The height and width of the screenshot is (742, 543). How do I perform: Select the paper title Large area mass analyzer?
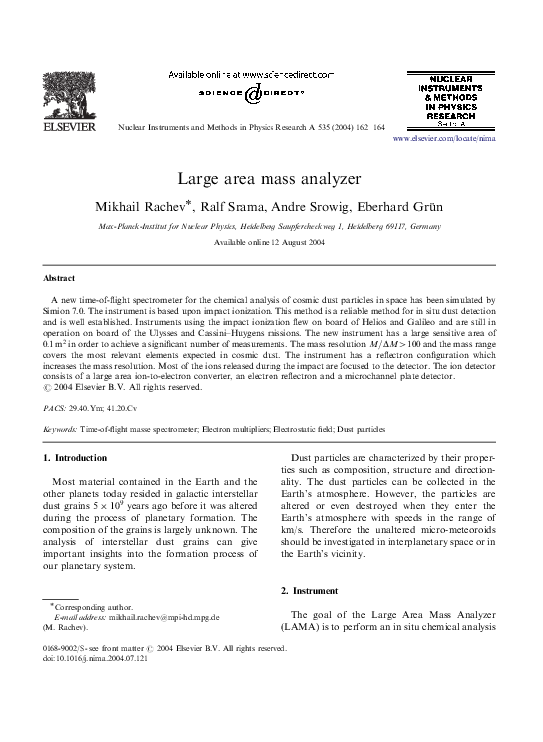(270, 180)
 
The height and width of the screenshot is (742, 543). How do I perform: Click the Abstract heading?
(65, 277)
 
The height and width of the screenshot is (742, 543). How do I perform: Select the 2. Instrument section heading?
(309, 591)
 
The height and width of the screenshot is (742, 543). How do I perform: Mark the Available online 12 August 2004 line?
(270, 243)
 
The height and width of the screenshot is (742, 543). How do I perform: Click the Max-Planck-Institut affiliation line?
(270, 227)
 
